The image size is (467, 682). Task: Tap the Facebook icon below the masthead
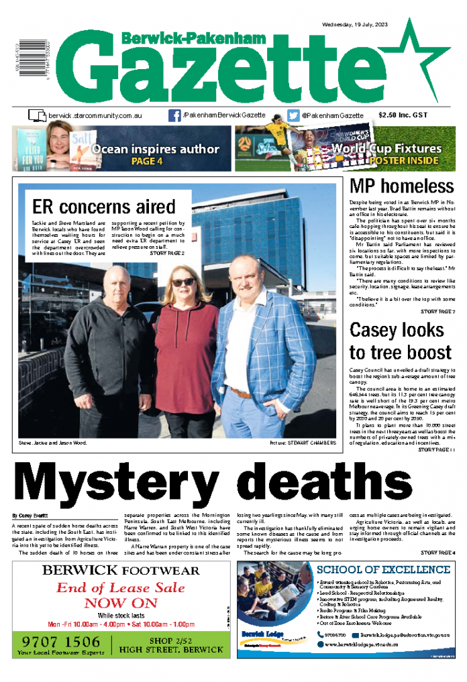pyautogui.click(x=174, y=115)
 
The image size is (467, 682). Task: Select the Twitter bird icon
pyautogui.click(x=293, y=115)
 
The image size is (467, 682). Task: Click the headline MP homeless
pyautogui.click(x=402, y=186)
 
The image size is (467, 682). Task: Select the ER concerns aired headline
pyautogui.click(x=104, y=206)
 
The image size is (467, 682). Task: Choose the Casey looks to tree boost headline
pyautogui.click(x=401, y=341)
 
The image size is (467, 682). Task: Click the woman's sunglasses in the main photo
pyautogui.click(x=183, y=282)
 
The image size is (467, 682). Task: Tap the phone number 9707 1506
pyautogui.click(x=60, y=641)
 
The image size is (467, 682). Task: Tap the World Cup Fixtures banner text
pyautogui.click(x=386, y=149)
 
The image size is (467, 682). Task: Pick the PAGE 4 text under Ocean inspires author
pyautogui.click(x=147, y=161)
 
